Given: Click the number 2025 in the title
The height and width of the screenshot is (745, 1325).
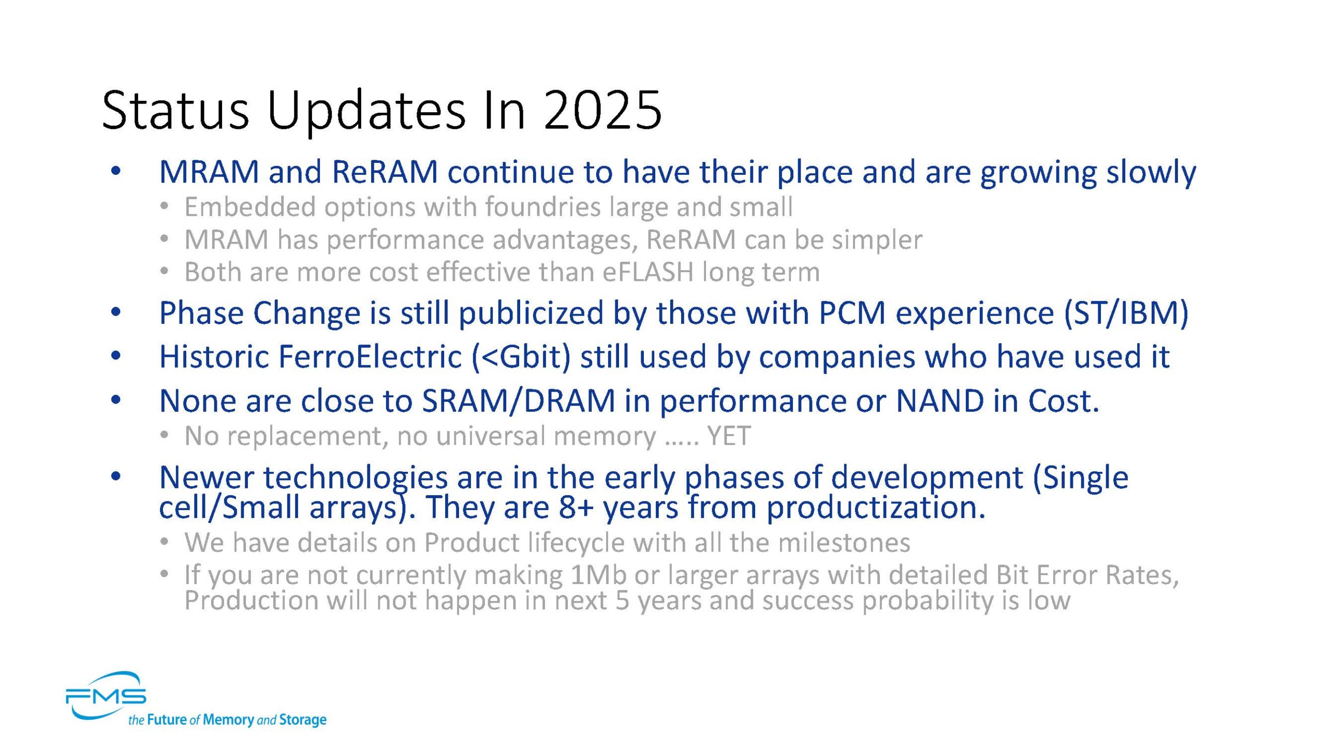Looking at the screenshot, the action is coord(602,110).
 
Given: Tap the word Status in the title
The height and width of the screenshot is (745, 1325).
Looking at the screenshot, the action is coord(175,110).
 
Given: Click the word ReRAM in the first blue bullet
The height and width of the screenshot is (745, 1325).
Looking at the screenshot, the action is coord(385,172).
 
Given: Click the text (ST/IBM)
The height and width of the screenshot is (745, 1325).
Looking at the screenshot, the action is coord(1126,314).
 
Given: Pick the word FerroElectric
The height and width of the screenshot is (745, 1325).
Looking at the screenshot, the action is coord(370,357).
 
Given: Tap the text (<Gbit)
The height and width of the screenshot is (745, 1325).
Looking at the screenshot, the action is coord(521,357).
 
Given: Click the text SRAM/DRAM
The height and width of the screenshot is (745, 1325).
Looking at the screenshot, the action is coord(518,401).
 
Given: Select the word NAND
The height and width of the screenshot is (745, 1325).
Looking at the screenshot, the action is coord(939,401).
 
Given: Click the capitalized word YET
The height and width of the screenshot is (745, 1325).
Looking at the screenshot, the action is coord(729,436).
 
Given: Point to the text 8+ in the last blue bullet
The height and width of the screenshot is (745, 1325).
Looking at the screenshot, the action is coord(576,508).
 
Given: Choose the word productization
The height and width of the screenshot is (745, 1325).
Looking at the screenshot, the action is coord(876,508).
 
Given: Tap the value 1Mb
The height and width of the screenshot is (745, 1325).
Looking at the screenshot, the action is coord(598,575).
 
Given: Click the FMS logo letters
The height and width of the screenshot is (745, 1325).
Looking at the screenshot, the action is coord(106,696).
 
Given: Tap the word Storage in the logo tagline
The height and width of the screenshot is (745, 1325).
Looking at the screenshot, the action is coord(303,720).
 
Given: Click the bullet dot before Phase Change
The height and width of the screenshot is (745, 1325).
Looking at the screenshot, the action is coord(116,312).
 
